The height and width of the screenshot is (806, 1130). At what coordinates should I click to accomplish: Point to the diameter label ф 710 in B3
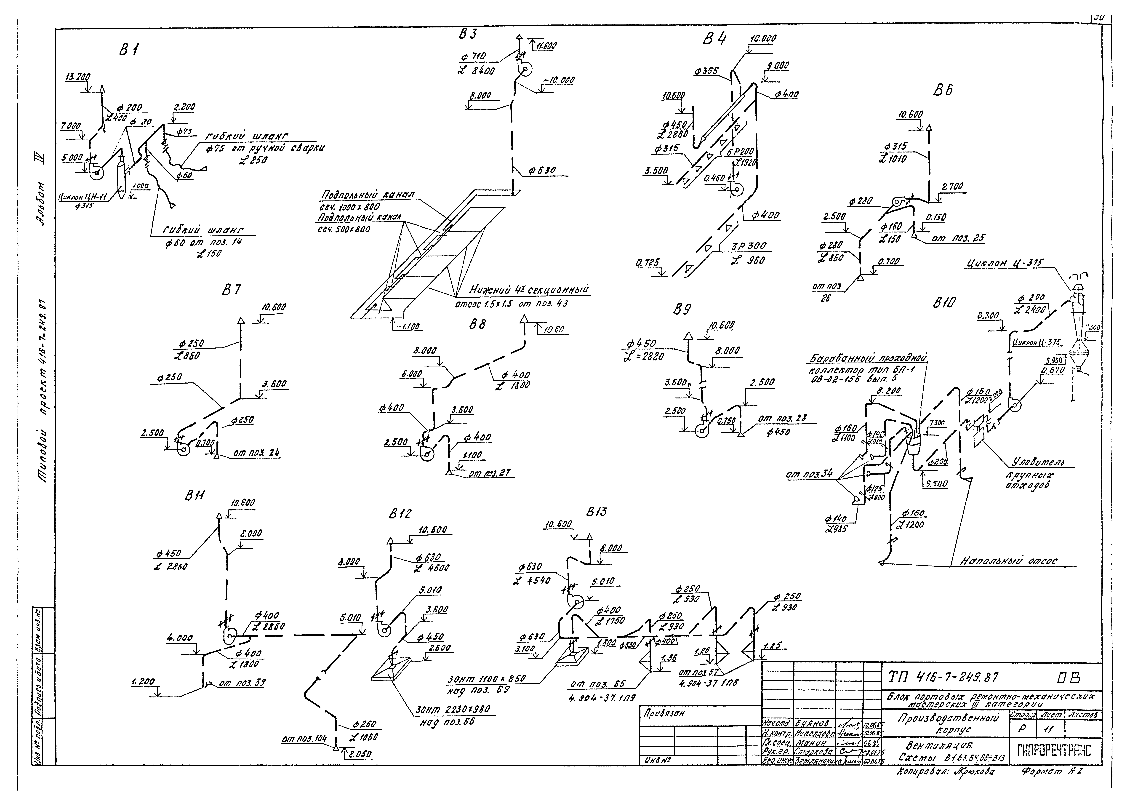pos(475,57)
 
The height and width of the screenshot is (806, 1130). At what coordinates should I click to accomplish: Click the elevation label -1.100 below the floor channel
pos(408,327)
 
